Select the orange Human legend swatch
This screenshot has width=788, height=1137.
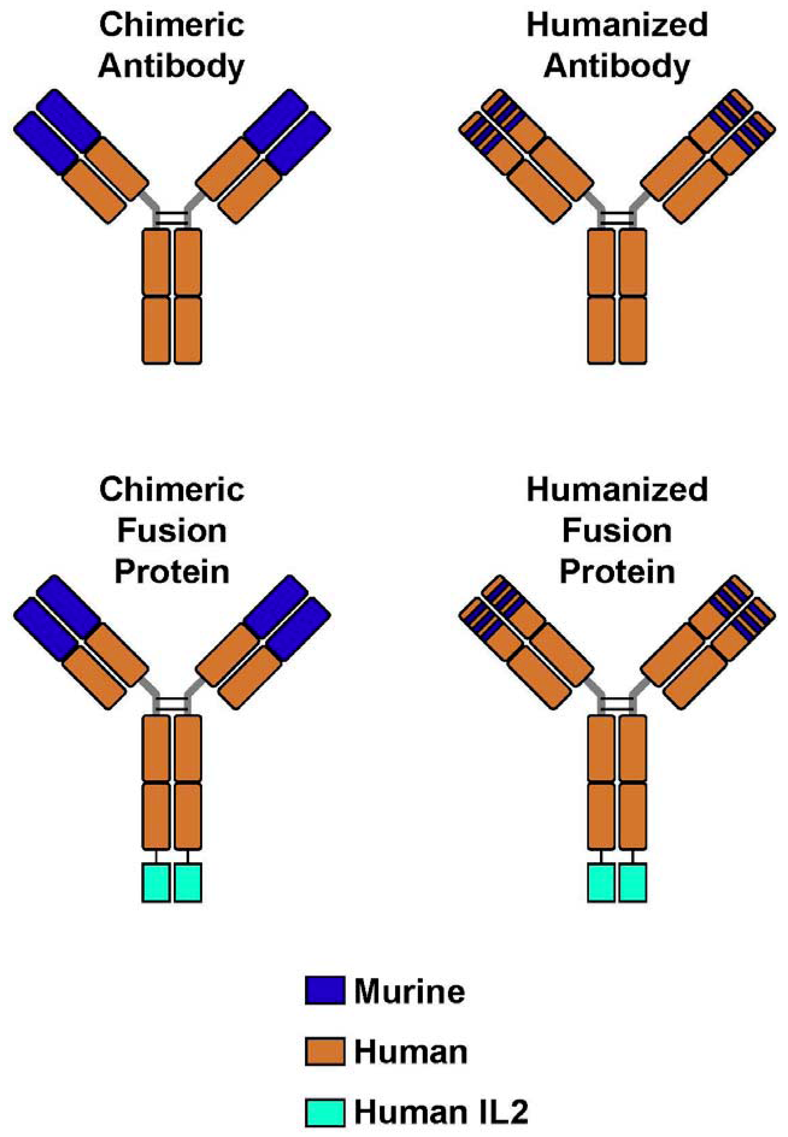tap(324, 1052)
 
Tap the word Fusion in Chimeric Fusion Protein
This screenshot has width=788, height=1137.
tap(172, 531)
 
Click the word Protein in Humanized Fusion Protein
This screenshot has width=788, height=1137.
tap(617, 572)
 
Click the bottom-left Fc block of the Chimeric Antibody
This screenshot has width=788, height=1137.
tap(156, 330)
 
